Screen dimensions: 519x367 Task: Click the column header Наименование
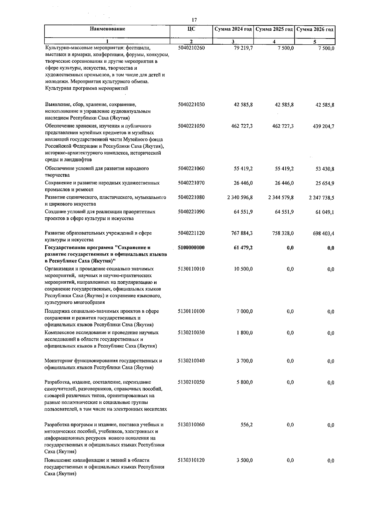(107, 29)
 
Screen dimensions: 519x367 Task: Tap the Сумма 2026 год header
(315, 29)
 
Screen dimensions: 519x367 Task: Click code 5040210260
(191, 48)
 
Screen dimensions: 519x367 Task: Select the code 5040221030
(191, 105)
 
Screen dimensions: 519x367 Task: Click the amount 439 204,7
(323, 126)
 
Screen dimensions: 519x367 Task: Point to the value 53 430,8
(324, 169)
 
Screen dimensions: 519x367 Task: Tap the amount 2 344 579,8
(281, 197)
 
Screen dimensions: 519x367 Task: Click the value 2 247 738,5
(321, 198)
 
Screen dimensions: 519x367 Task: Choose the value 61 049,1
(324, 212)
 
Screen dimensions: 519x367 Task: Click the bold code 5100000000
(191, 248)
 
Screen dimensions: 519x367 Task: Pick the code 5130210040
(191, 361)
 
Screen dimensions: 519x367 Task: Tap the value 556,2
(247, 425)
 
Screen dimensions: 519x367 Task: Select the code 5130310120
(191, 460)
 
